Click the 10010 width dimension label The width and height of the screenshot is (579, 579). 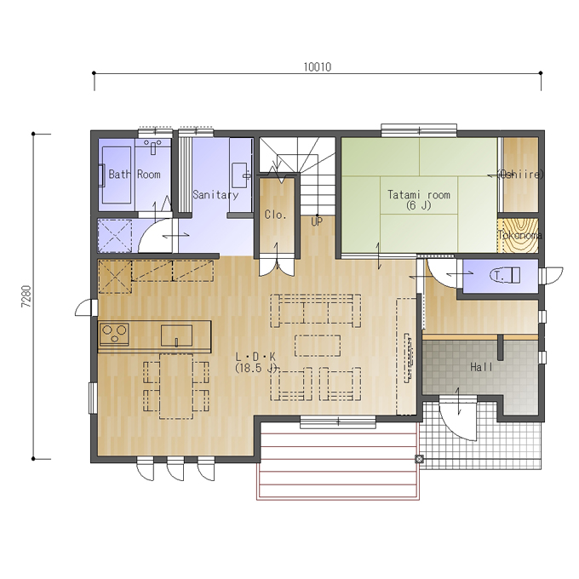pyautogui.click(x=318, y=66)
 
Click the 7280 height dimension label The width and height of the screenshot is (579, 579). pyautogui.click(x=26, y=296)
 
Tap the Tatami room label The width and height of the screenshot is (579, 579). pyautogui.click(x=419, y=194)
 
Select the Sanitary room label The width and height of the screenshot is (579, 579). pyautogui.click(x=215, y=195)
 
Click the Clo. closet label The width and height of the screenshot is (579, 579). pyautogui.click(x=276, y=215)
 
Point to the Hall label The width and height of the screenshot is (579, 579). pyautogui.click(x=481, y=367)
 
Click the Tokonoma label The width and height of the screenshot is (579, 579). pyautogui.click(x=520, y=235)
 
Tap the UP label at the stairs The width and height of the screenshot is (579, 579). pyautogui.click(x=317, y=221)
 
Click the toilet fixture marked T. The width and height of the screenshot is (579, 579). pyautogui.click(x=505, y=275)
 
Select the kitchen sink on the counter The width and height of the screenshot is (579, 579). pyautogui.click(x=176, y=335)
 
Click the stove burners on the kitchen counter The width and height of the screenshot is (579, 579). pyautogui.click(x=114, y=334)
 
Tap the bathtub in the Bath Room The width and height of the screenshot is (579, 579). pyautogui.click(x=117, y=175)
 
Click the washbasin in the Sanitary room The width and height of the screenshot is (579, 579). pyautogui.click(x=241, y=175)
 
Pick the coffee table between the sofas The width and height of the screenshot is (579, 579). pyautogui.click(x=318, y=345)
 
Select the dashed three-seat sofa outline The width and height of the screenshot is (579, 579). pyautogui.click(x=316, y=311)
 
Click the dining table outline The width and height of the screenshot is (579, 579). pyautogui.click(x=176, y=387)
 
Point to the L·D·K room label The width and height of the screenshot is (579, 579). pyautogui.click(x=255, y=356)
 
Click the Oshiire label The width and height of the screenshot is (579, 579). pyautogui.click(x=520, y=174)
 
